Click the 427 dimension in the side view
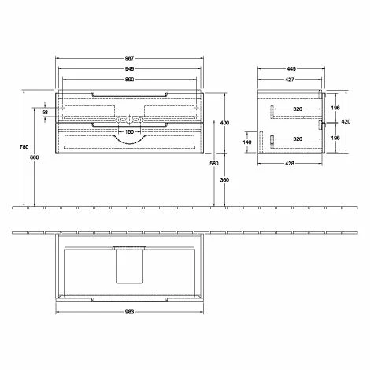click(x=289, y=80)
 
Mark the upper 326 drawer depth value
click(x=298, y=108)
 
